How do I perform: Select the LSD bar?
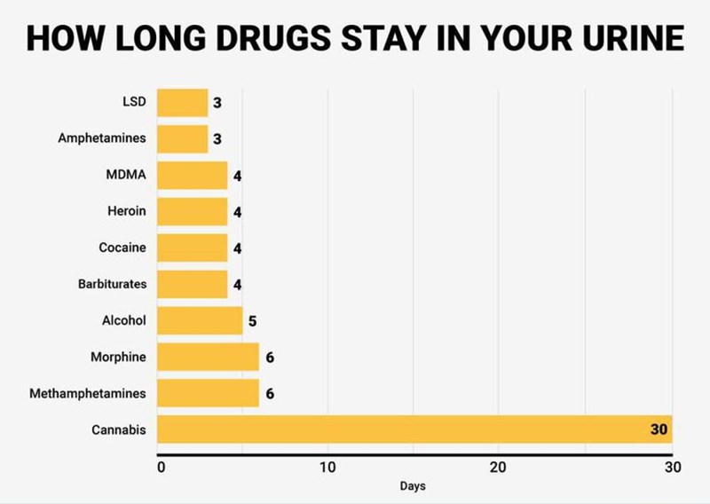point(182,103)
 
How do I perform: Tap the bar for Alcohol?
point(200,320)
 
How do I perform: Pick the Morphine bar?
point(208,357)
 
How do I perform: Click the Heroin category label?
point(126,211)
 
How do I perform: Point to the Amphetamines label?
point(102,138)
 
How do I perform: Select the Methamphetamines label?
point(87,393)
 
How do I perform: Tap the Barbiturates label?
point(112,284)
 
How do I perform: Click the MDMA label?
point(125,175)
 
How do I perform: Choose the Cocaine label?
point(122,248)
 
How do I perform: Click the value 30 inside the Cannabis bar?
point(658,429)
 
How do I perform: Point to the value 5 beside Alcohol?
point(253,321)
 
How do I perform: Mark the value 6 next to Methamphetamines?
point(269,393)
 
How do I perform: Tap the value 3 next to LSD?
point(217,103)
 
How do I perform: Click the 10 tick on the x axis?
point(327,468)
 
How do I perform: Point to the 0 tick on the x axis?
point(161,468)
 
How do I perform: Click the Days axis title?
point(413,486)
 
